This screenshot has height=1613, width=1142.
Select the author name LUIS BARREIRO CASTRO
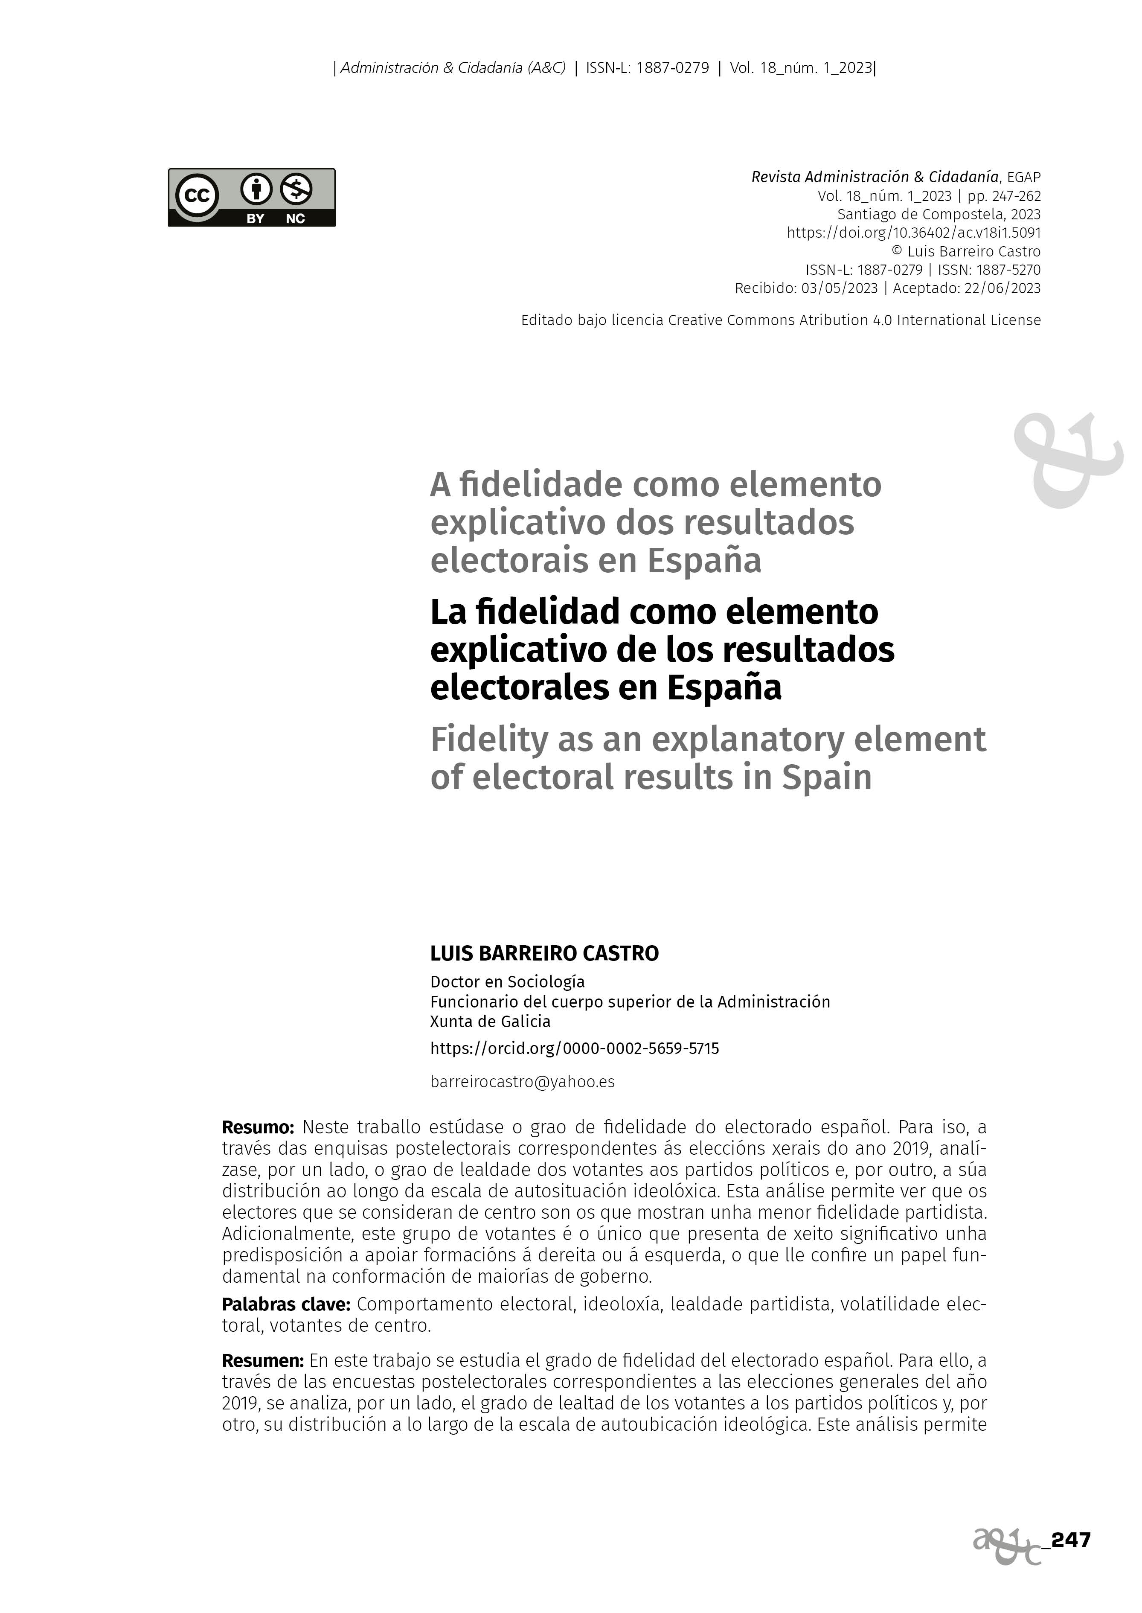point(544,953)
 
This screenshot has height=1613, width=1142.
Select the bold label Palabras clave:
point(285,1304)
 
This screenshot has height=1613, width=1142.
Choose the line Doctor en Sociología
point(507,981)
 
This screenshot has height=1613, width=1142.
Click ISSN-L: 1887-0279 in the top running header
point(647,68)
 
